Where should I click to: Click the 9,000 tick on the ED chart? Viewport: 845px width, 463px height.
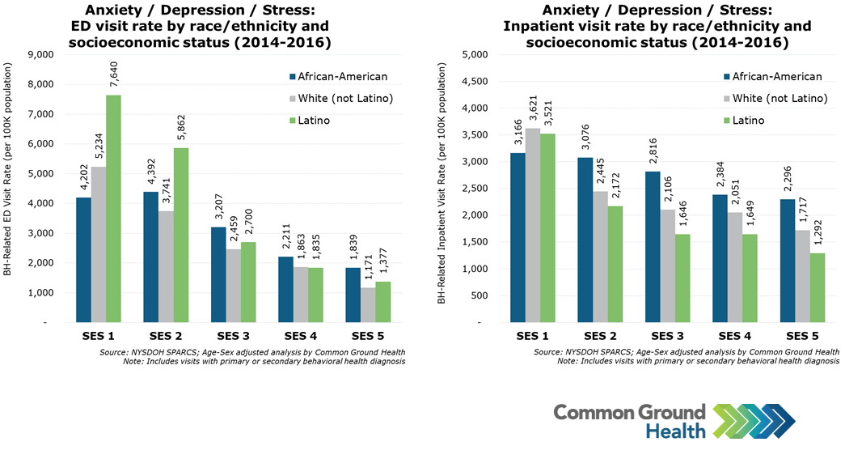pyautogui.click(x=40, y=54)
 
